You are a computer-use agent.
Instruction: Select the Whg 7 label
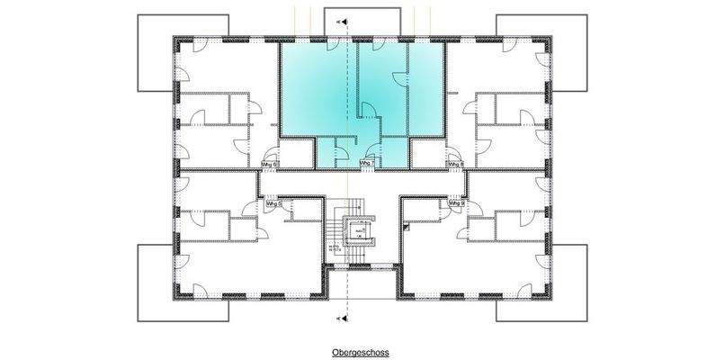point(366,163)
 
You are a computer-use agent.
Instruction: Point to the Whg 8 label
point(455,164)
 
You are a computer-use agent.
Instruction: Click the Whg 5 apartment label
point(274,204)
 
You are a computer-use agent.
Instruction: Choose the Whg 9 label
point(455,203)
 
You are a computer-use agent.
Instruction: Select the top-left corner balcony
point(155,54)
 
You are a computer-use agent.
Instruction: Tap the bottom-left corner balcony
point(155,283)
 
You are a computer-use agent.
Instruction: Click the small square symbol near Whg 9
point(407,229)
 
